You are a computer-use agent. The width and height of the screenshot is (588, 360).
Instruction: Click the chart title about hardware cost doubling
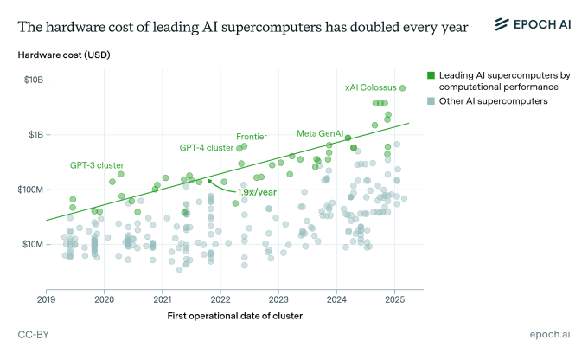(242, 26)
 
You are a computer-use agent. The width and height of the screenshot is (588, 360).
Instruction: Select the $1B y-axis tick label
(34, 135)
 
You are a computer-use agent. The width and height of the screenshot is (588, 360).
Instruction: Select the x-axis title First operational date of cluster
(234, 315)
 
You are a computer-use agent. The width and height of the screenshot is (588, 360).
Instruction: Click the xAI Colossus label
(369, 87)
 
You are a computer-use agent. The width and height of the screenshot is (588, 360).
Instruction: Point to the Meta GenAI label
(320, 133)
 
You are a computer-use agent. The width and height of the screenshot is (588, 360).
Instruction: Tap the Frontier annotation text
(251, 137)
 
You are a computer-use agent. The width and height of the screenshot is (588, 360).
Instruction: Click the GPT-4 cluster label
(206, 148)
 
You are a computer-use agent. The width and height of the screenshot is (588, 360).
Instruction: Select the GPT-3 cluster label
(97, 164)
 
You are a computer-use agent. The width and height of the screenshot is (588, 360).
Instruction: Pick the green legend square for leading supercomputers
(431, 76)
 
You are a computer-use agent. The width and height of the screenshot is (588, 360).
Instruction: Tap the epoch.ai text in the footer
(552, 334)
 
